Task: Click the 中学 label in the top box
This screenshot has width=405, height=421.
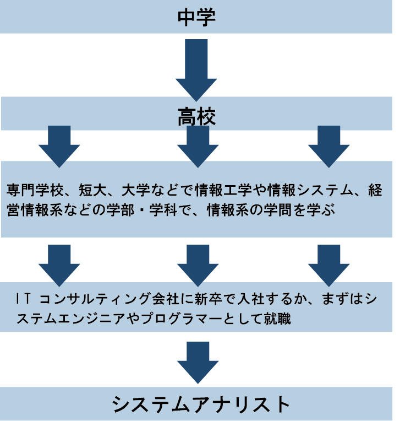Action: [x=196, y=17]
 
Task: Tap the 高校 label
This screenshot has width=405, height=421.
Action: [x=196, y=117]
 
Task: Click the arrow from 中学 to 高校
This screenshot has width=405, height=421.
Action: [x=196, y=68]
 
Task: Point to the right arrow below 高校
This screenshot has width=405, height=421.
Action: [x=329, y=145]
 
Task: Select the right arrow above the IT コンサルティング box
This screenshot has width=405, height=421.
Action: [x=329, y=264]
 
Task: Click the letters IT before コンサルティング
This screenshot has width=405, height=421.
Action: [x=24, y=299]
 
